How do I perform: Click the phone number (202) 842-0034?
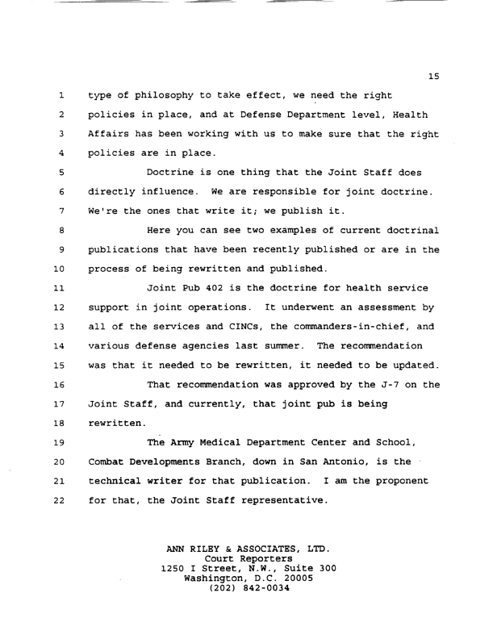(x=247, y=588)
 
